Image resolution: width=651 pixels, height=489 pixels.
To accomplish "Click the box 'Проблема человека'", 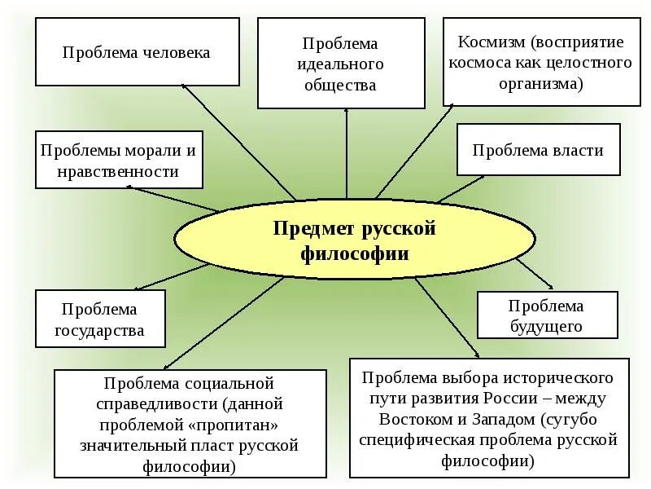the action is tap(136, 53).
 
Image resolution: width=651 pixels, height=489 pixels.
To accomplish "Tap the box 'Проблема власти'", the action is tap(538, 149).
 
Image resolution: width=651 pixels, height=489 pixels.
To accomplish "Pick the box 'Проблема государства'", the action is tap(100, 319).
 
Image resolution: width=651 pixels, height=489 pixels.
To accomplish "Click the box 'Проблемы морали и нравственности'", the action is tap(119, 161).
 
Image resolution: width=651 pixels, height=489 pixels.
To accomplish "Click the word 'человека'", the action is tap(176, 53).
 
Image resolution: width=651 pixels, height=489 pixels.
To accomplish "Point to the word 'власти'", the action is tap(578, 150).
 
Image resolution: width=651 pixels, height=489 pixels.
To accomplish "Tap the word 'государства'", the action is tap(100, 331).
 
